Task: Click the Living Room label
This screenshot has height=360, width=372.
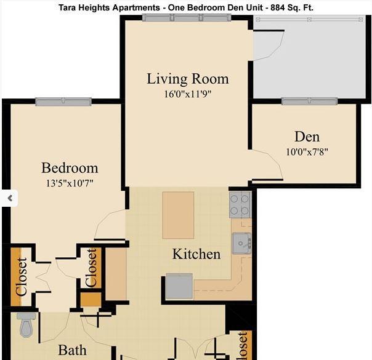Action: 187,79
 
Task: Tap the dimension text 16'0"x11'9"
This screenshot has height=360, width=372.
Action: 187,94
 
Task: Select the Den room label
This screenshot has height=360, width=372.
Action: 307,137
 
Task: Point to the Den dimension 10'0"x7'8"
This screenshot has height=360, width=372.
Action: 307,151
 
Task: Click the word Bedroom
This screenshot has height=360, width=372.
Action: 70,167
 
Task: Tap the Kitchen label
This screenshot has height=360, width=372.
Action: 196,254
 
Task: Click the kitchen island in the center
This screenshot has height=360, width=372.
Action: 178,215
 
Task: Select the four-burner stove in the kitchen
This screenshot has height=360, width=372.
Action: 240,204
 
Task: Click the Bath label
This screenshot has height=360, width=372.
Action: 72,350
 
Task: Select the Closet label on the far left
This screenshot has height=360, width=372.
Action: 20,276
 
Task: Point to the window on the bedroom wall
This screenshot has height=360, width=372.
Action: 63,102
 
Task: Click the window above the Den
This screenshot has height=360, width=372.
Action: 309,101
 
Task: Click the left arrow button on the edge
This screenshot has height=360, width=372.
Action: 9,198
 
